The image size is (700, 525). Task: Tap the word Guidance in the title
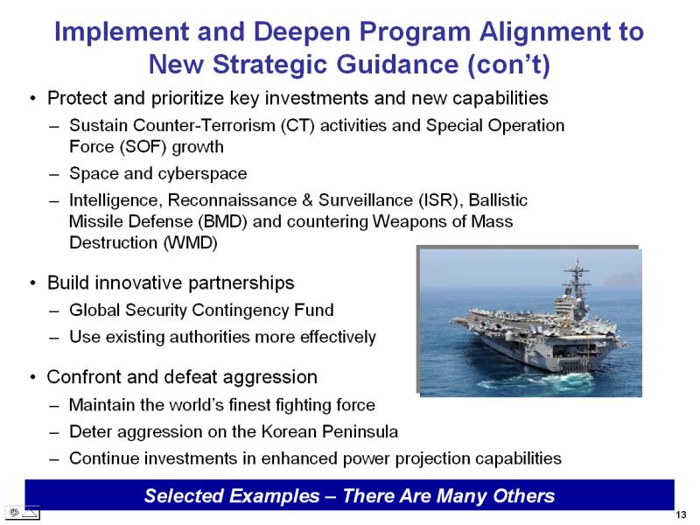click(398, 64)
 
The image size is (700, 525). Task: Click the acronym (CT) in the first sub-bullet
click(297, 125)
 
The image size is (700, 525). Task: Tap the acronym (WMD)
click(191, 243)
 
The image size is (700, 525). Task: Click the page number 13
click(682, 514)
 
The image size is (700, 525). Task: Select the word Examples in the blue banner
click(275, 496)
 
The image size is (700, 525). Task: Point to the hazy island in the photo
click(622, 279)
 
